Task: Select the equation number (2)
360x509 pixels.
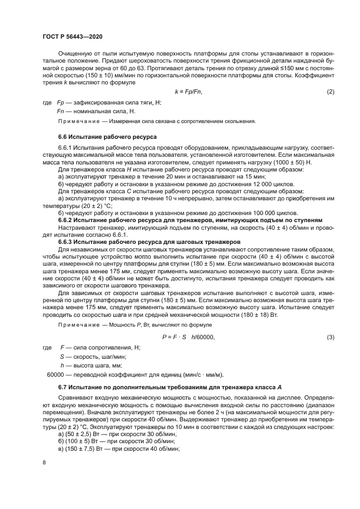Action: coord(330,91)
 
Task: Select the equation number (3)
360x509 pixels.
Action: coord(330,338)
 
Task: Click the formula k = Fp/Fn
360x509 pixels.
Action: coord(188,91)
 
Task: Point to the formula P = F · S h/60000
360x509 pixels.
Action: coord(188,338)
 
